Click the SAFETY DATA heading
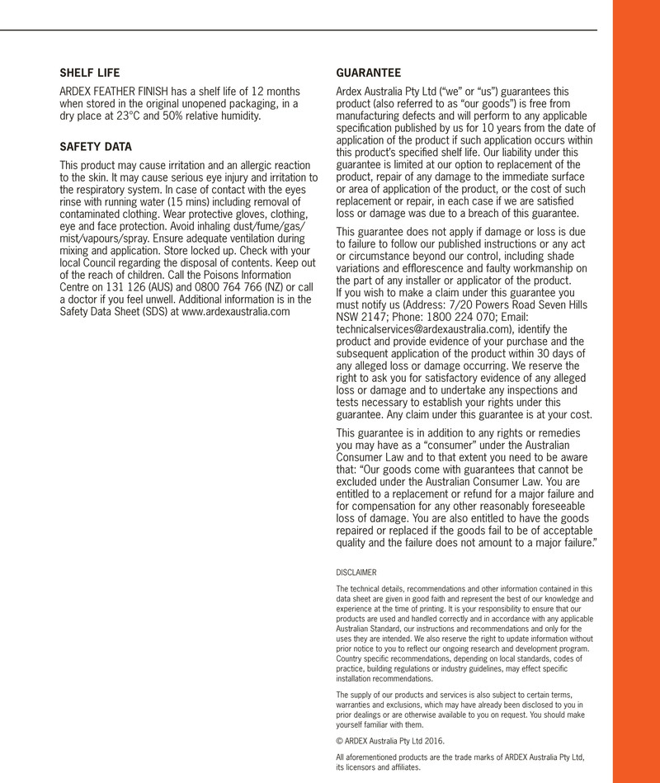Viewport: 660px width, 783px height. [95, 147]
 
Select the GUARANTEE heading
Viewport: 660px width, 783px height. [369, 73]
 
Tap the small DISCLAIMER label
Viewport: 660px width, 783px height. [356, 572]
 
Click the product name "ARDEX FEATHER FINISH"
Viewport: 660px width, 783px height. [112, 91]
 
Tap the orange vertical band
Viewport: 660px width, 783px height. [635, 391]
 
